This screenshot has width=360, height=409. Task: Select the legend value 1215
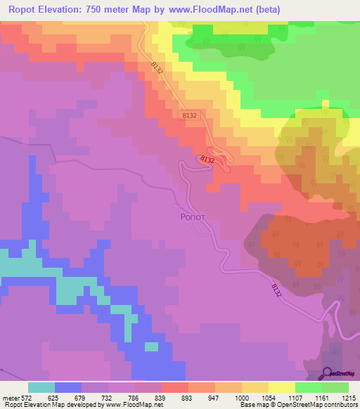(x=349, y=398)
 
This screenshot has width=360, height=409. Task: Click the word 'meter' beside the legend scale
(x=10, y=398)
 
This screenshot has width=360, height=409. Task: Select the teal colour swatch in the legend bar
(x=41, y=387)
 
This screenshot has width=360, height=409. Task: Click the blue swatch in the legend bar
(x=68, y=387)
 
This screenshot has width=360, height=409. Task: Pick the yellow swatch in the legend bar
(x=281, y=387)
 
